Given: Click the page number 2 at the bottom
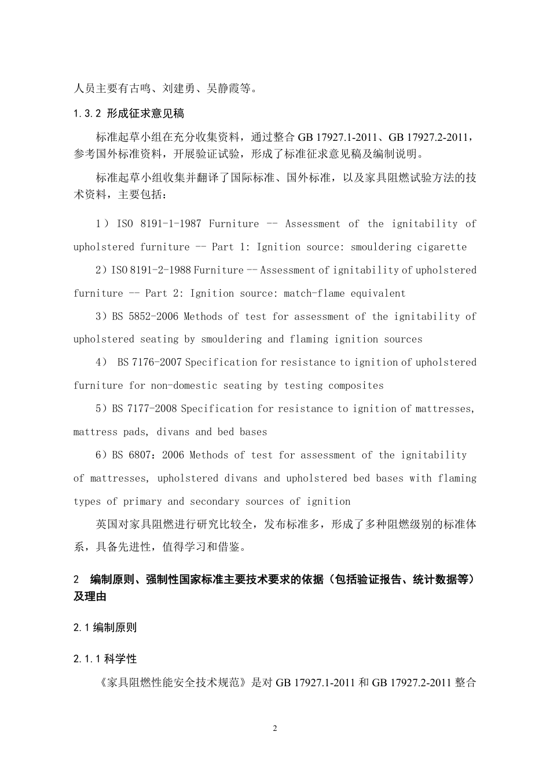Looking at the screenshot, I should point(275,729).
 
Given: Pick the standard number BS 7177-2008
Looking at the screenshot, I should point(145,409).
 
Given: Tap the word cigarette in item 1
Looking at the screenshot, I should point(442,247).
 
